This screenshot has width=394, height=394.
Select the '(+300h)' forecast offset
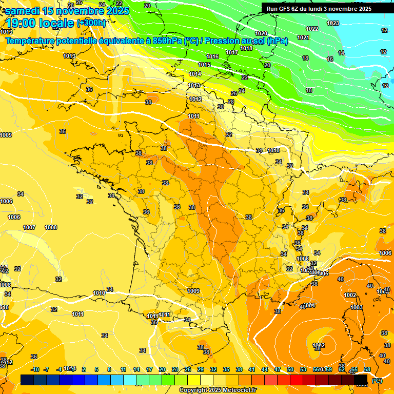coord(91,23)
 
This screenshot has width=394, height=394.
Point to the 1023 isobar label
coord(333,23)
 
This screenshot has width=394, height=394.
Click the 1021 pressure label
coord(303,37)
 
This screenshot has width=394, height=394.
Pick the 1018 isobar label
coord(246,48)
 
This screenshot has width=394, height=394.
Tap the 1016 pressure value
coord(212,56)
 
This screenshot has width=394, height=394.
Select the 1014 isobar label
coord(195,74)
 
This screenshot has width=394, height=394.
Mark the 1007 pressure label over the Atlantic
coord(29,227)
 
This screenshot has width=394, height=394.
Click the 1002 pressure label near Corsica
coord(350,295)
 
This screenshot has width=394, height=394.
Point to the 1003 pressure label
coord(357,307)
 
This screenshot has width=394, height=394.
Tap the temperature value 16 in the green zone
coord(330,60)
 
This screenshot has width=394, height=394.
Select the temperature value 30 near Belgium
coord(221,107)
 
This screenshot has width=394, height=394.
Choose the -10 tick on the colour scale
coord(35,369)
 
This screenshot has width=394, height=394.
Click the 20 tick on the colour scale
coord(162,369)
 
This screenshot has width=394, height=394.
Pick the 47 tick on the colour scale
coord(278,369)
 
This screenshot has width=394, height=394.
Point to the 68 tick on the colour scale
coord(367,369)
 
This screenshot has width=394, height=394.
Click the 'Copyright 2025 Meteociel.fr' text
coord(218,390)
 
